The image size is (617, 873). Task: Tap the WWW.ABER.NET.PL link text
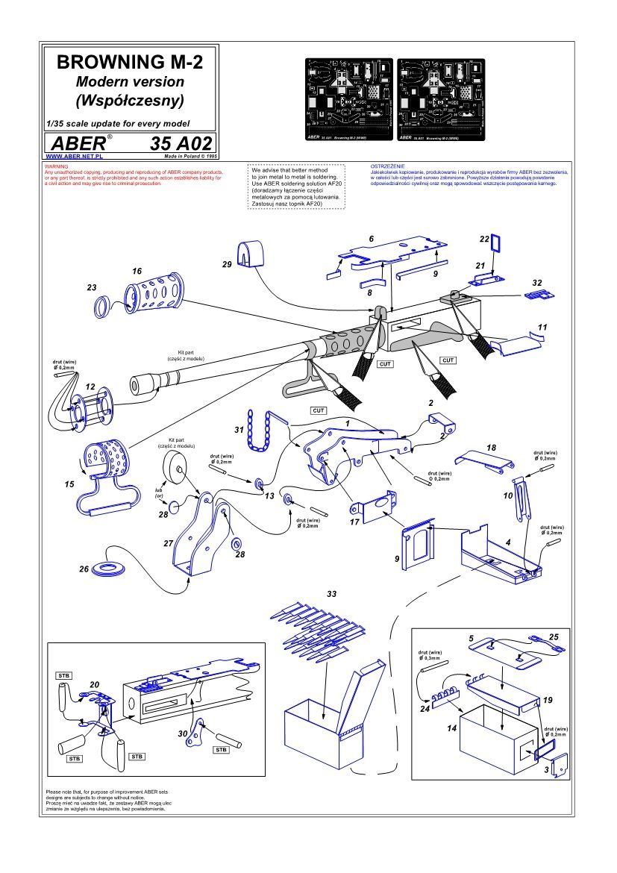[75, 157]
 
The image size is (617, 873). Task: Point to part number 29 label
[227, 265]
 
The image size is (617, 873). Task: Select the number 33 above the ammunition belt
[331, 593]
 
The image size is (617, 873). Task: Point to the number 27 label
[168, 544]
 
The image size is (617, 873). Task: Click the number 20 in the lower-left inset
[94, 684]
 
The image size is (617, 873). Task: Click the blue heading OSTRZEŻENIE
[386, 165]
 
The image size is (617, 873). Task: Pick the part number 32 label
[536, 283]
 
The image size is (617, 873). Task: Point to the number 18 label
[491, 448]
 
